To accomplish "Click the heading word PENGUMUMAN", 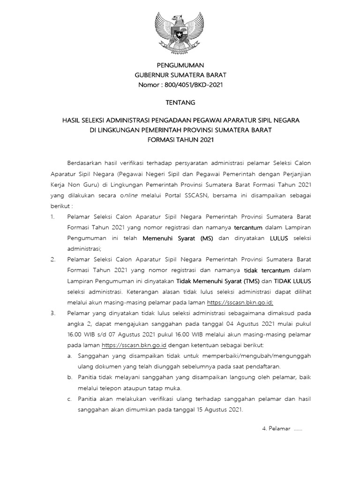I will click(x=180, y=65).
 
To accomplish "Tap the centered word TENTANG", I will click(x=180, y=102).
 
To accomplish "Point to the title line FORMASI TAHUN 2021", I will click(x=180, y=140).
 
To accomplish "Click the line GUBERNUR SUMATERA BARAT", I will click(x=180, y=75).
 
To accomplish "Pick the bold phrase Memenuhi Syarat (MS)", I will click(x=178, y=238).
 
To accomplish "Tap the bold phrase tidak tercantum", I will click(x=267, y=270).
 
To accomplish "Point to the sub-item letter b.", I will click(x=69, y=377).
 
